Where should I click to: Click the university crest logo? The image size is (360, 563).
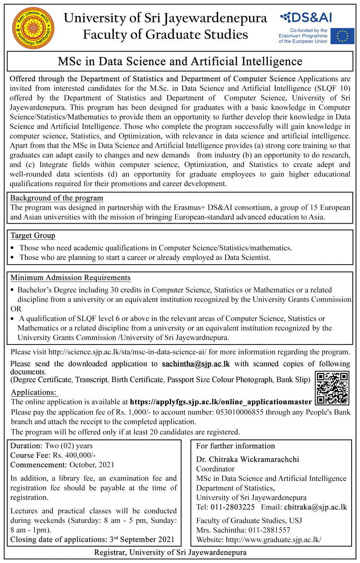(x=33, y=28)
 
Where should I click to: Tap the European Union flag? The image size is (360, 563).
(x=342, y=36)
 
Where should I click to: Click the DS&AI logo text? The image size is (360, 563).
(x=307, y=17)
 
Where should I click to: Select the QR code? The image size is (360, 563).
(x=332, y=388)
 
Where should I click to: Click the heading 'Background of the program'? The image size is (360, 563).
(x=57, y=198)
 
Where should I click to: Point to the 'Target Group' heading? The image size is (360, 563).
(x=33, y=236)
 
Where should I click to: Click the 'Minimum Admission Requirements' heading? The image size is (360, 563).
(x=71, y=278)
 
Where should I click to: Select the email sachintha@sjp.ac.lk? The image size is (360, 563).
(x=196, y=364)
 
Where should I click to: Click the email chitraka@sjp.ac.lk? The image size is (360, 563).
(x=315, y=507)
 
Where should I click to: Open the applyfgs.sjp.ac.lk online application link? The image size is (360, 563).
(x=220, y=402)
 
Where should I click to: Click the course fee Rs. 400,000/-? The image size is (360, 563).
(x=74, y=455)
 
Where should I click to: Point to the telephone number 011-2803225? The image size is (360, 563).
(x=233, y=507)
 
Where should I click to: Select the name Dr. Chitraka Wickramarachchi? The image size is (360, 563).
(x=248, y=459)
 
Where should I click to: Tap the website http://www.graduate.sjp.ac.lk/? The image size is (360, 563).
(x=274, y=540)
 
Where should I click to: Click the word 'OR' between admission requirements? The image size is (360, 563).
(x=16, y=309)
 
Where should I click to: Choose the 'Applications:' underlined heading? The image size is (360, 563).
(x=34, y=393)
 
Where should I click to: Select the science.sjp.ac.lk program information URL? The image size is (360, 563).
(x=127, y=352)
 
